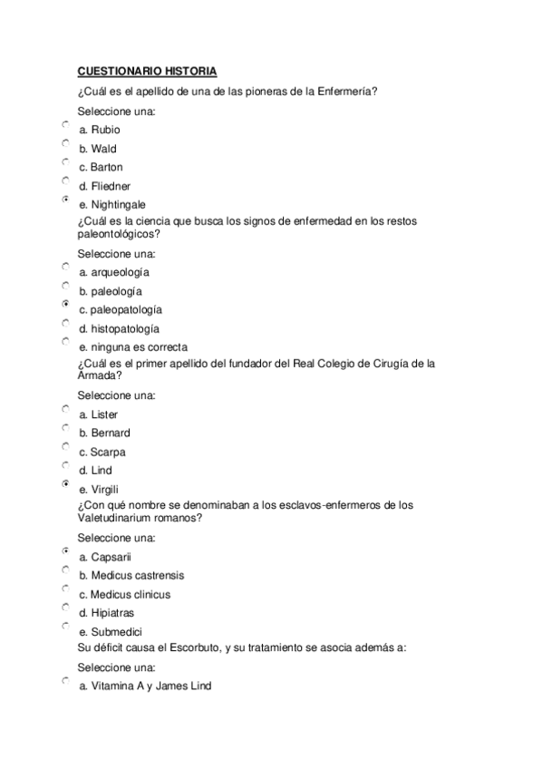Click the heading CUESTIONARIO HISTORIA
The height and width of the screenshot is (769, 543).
pyautogui.click(x=147, y=71)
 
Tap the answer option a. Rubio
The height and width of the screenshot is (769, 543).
pyautogui.click(x=99, y=130)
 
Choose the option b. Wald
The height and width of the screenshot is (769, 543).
pyautogui.click(x=97, y=149)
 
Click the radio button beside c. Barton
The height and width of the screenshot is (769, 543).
pyautogui.click(x=65, y=161)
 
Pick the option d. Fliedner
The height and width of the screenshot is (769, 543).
pyautogui.click(x=104, y=186)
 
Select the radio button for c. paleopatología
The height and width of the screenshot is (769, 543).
pyautogui.click(x=65, y=304)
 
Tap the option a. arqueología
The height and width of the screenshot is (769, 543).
pyautogui.click(x=114, y=272)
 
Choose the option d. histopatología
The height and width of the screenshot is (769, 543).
pyautogui.click(x=119, y=328)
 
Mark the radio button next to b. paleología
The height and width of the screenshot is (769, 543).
pyautogui.click(x=65, y=285)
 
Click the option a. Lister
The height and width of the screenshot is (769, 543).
pyautogui.click(x=99, y=414)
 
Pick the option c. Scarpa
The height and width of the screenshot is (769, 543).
pyautogui.click(x=102, y=452)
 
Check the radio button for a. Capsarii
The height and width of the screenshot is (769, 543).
pyautogui.click(x=65, y=551)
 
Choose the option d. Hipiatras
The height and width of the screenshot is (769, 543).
pyautogui.click(x=106, y=613)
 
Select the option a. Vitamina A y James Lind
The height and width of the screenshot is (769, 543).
pyautogui.click(x=145, y=686)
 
